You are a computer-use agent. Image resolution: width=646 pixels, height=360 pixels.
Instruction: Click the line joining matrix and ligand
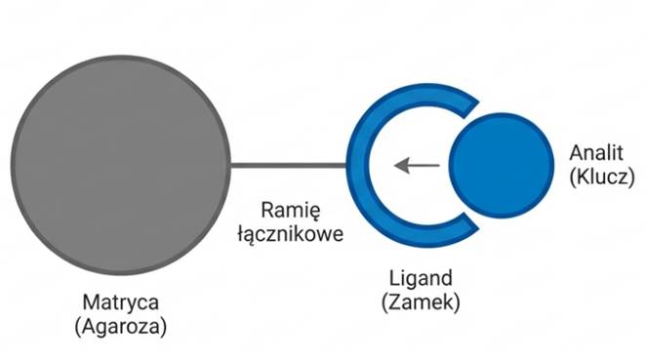(x=289, y=165)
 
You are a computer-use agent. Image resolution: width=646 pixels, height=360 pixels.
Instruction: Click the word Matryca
(x=120, y=303)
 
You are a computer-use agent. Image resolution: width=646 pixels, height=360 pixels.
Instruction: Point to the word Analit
(x=594, y=153)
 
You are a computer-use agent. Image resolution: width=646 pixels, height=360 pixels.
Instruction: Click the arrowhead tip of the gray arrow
(x=396, y=165)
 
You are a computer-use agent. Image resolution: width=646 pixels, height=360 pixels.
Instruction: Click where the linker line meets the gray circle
(x=230, y=165)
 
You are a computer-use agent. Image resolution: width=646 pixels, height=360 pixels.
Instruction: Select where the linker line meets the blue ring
(x=349, y=165)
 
